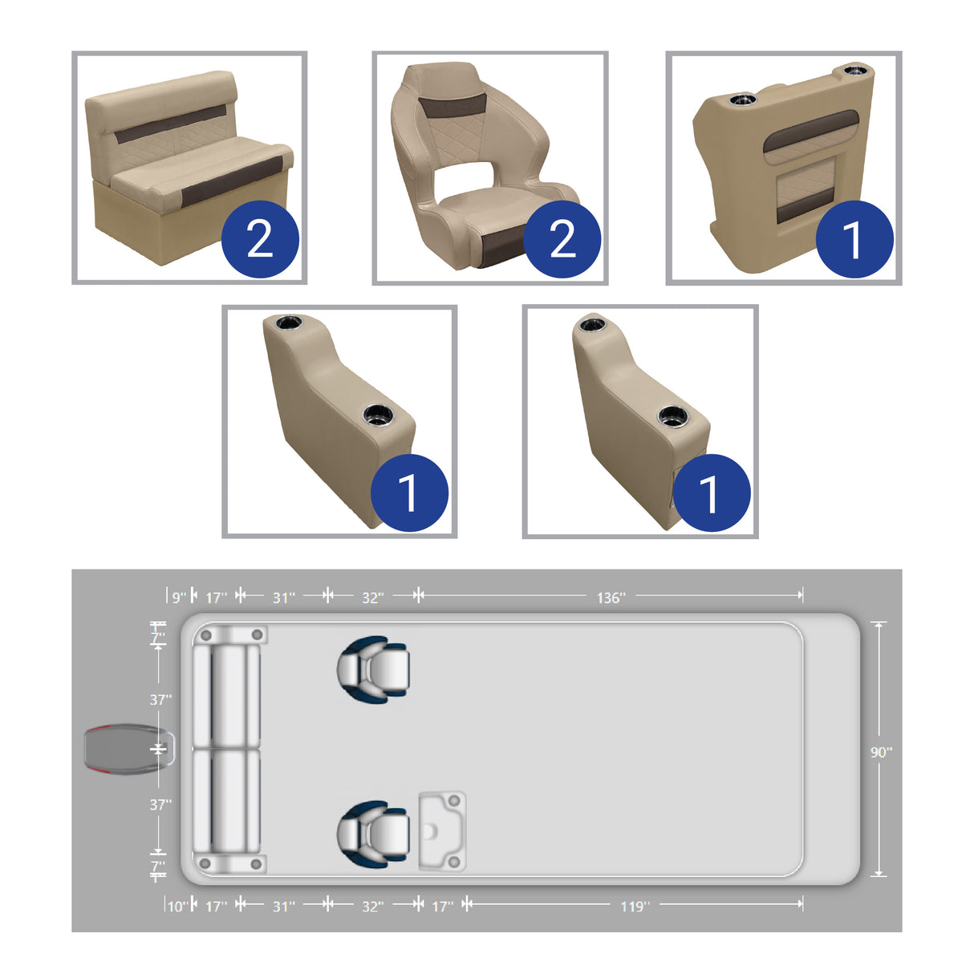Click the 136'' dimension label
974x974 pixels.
(611, 598)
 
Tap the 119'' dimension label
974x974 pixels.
(635, 907)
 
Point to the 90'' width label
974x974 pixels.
(881, 752)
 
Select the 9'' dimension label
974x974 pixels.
(179, 598)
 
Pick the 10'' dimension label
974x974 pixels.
(177, 907)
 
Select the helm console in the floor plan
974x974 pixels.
(442, 831)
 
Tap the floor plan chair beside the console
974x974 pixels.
(374, 831)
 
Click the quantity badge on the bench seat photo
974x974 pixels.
(260, 239)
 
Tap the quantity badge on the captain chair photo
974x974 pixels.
(562, 239)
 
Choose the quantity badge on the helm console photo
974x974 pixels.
(854, 239)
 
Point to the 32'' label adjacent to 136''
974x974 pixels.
(372, 598)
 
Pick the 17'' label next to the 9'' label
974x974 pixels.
(217, 598)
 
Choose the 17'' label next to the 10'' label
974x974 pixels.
(217, 907)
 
